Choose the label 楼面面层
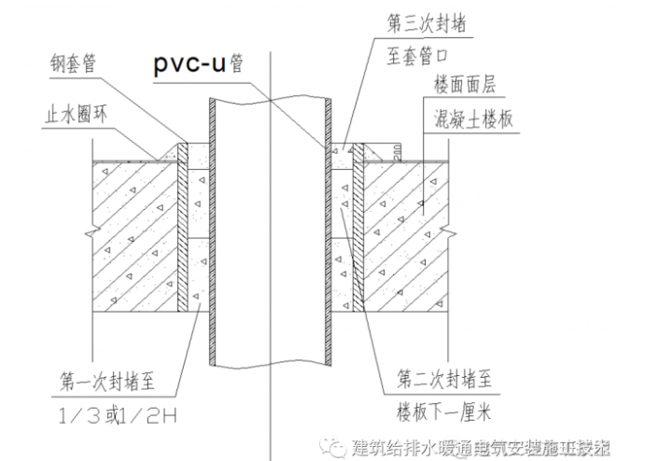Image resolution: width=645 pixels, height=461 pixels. pyautogui.click(x=463, y=85)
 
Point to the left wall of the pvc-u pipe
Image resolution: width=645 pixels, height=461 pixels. pyautogui.click(x=211, y=233)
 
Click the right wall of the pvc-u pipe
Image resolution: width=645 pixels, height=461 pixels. pyautogui.click(x=328, y=233)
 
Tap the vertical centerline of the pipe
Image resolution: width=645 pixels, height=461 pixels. pyautogui.click(x=269, y=233)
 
